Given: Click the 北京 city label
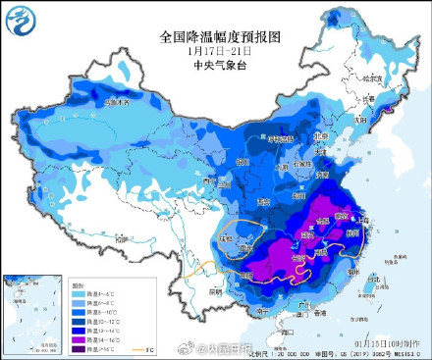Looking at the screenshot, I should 317,136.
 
